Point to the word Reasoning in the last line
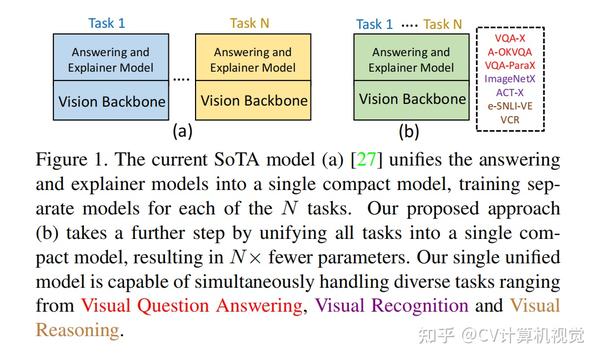coord(82,328)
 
